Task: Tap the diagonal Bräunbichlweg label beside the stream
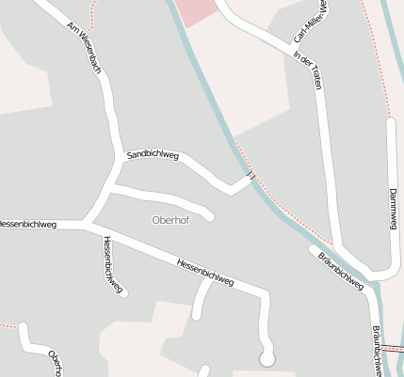[340, 268]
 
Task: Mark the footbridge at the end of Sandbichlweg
[251, 174]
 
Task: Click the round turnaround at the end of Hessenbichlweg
[267, 358]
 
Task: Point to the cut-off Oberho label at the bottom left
[56, 363]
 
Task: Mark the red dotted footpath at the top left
[92, 15]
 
